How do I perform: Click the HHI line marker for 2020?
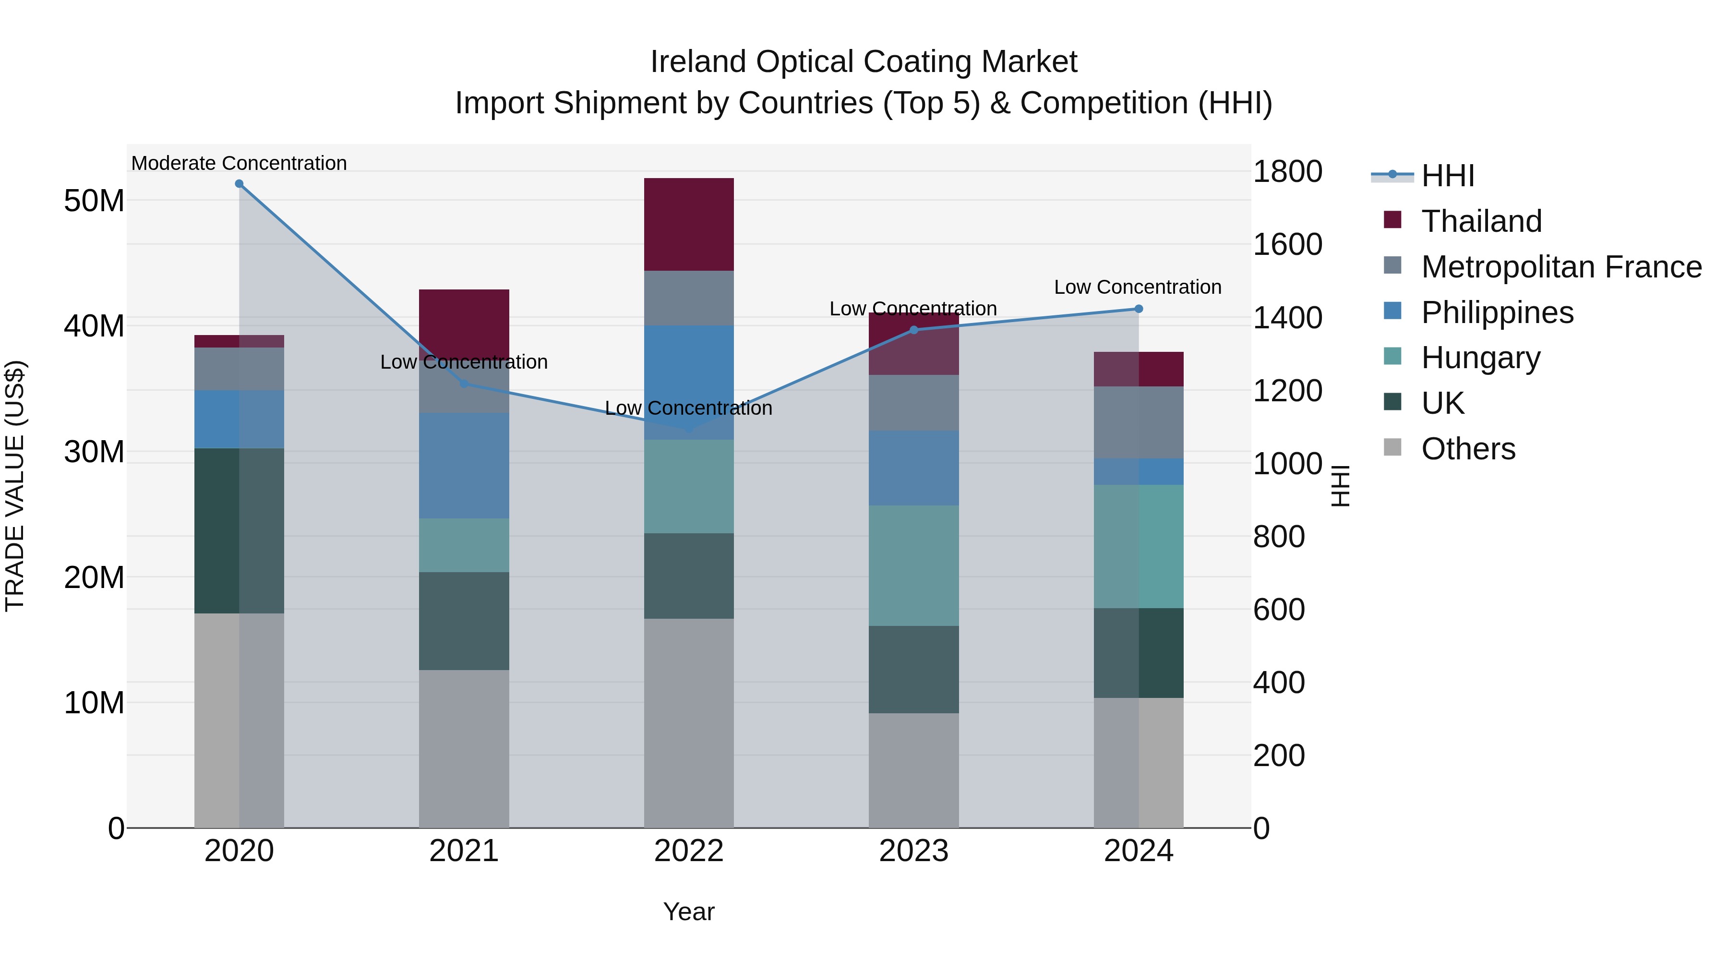click(239, 184)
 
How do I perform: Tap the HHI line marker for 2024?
click(1139, 309)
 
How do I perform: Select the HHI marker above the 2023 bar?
click(913, 330)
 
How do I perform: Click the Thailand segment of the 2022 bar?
click(689, 224)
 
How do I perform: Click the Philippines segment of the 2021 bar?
click(464, 466)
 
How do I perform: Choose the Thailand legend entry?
click(1481, 221)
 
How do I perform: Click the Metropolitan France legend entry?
click(1561, 267)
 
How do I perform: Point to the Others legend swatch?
click(1392, 447)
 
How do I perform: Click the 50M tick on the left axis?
click(94, 201)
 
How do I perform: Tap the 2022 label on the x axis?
click(689, 851)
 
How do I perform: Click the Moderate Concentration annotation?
click(239, 163)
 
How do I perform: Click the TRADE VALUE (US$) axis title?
click(15, 486)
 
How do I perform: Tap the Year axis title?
click(689, 912)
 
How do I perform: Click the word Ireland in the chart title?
click(698, 62)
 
